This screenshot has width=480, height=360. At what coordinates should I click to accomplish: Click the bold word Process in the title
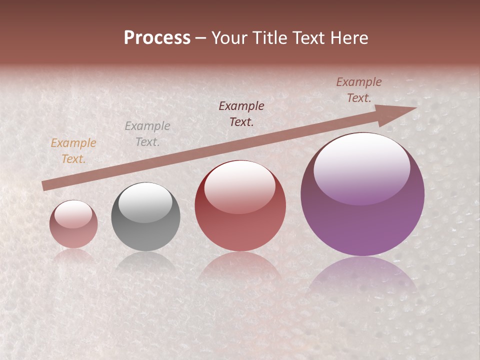(157, 38)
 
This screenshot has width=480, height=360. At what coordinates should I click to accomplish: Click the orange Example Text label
(73, 151)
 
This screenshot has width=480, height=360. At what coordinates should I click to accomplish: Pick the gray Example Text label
(147, 134)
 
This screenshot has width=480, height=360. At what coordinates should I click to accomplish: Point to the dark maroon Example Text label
(241, 113)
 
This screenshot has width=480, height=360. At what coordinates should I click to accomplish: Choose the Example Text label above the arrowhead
(359, 90)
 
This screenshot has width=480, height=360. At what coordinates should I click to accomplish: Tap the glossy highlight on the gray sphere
(145, 202)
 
